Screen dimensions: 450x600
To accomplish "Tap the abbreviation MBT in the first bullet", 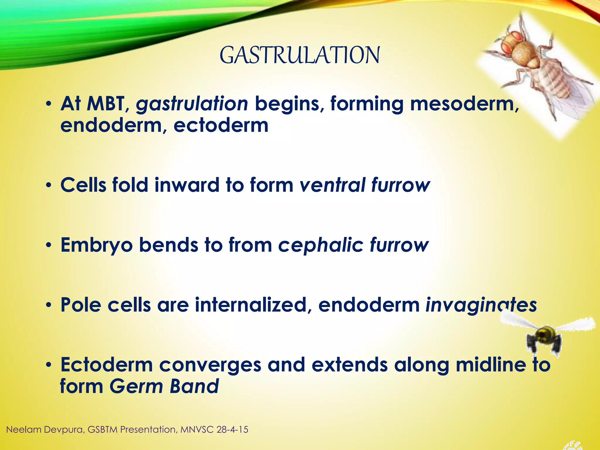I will tap(105, 104).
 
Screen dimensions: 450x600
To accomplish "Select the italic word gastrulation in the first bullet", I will tap(192, 104).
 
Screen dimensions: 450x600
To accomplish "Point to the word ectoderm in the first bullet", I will tap(221, 125).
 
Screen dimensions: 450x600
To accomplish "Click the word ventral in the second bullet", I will tap(333, 185).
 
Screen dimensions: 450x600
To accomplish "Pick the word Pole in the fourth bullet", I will tap(81, 305).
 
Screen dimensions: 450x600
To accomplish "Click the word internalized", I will tap(251, 305).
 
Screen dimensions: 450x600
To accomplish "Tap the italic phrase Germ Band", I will tap(164, 386).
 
